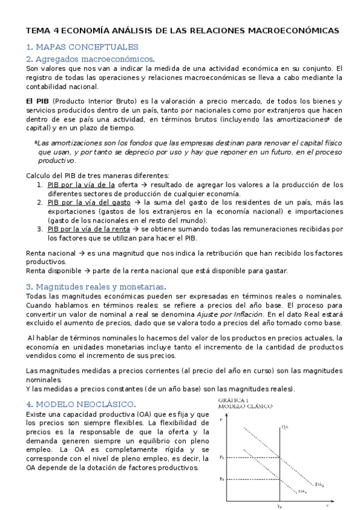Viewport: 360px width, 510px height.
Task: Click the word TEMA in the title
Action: (37, 30)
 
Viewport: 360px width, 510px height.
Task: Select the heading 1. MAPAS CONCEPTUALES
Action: (82, 46)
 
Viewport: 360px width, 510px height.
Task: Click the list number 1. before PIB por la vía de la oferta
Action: (40, 185)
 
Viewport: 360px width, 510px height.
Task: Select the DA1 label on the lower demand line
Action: (303, 491)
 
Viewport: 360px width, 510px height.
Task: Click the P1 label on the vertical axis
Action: (222, 458)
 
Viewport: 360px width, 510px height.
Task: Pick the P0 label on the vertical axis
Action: (222, 479)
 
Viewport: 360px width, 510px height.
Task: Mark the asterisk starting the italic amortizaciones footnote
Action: (35, 143)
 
